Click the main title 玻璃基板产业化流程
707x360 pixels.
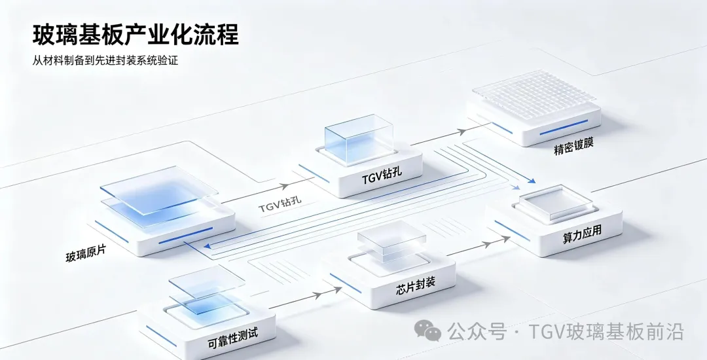[136, 35]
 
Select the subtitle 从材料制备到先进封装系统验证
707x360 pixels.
[105, 60]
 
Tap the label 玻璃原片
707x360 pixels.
[86, 253]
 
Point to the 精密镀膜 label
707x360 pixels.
[573, 146]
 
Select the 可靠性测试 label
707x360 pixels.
[232, 338]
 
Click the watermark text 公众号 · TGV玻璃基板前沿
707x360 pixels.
[566, 331]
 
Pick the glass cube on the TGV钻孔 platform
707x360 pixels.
[359, 138]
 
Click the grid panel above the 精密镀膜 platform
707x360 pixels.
[534, 95]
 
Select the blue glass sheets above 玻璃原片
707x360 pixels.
[158, 196]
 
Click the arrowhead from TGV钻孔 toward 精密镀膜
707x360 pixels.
[462, 132]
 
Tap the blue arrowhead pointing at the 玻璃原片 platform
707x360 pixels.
[208, 246]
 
